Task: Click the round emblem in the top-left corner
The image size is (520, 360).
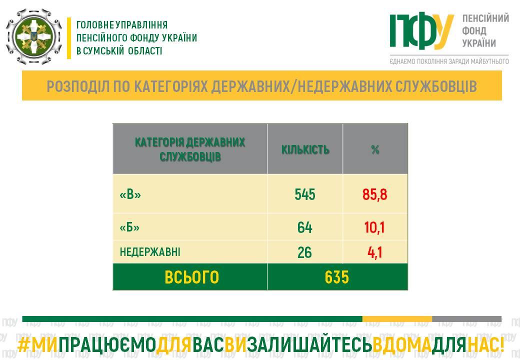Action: click(34, 36)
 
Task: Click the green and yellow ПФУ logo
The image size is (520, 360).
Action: click(421, 31)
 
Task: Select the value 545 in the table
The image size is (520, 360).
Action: click(305, 194)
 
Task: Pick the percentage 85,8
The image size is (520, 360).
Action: click(374, 194)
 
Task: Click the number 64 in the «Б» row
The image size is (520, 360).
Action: click(305, 227)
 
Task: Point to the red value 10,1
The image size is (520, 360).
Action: click(374, 227)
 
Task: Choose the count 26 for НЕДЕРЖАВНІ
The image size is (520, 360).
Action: click(304, 252)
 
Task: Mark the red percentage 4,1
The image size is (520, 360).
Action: click(374, 252)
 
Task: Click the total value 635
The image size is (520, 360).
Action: click(337, 277)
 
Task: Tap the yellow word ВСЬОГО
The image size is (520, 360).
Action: click(191, 277)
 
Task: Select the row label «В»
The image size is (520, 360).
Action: click(130, 194)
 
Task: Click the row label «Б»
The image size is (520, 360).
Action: click(129, 227)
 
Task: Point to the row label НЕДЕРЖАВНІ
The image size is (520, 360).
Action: click(150, 252)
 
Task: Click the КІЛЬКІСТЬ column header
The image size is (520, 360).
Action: click(305, 150)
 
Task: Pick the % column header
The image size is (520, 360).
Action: click(375, 150)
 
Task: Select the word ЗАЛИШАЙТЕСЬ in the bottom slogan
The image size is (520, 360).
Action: click(309, 345)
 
